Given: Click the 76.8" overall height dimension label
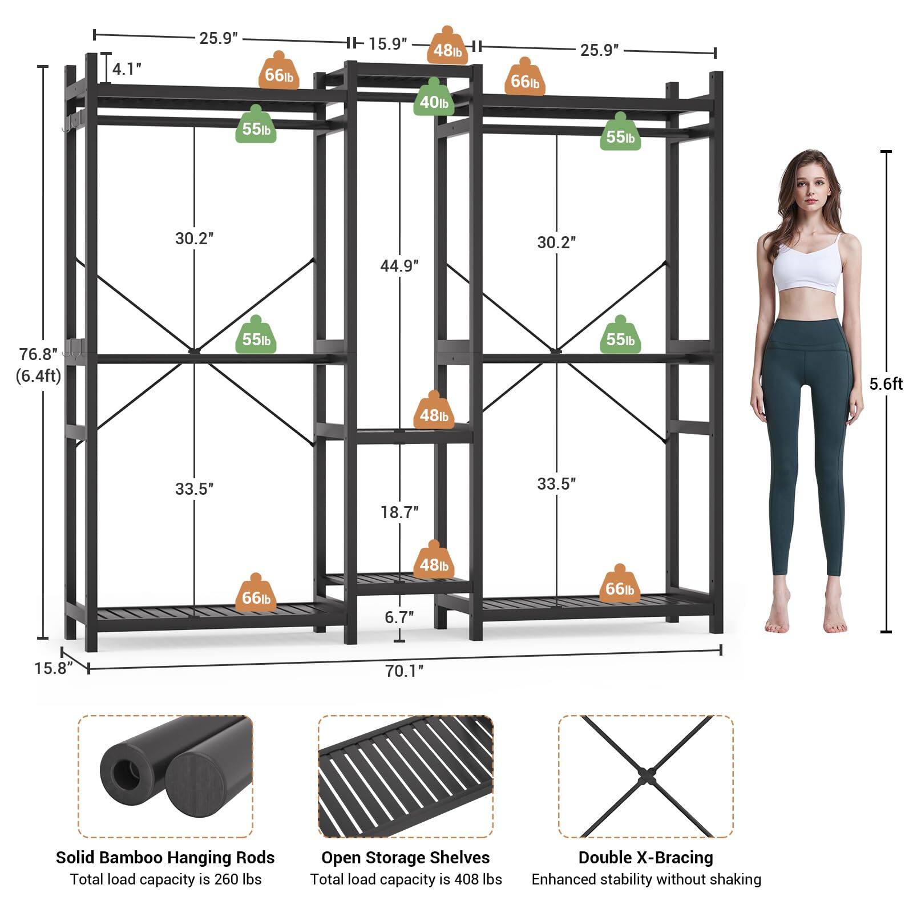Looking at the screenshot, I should coord(38,354).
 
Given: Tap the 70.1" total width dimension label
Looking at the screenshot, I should coord(404,670).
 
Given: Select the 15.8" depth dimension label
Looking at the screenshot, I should coord(53,668).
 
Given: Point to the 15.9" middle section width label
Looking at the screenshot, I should coord(387,44).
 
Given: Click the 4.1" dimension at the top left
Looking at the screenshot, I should coord(126,69).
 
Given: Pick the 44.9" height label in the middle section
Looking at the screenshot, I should coord(399,266).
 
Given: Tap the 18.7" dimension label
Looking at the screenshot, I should coord(399,512).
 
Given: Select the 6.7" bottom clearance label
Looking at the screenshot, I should coord(399,617).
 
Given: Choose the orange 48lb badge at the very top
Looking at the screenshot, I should coord(447,50).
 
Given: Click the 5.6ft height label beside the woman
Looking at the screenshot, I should coord(886,384).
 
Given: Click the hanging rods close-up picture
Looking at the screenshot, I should coord(165,776).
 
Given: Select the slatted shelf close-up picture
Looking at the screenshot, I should coord(406,776).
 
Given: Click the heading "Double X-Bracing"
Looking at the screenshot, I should coord(645,858).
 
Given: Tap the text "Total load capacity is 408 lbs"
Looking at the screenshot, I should coord(406,879).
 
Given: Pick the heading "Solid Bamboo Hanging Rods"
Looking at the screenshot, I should coord(165,858).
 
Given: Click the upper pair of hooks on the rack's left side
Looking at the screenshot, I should coord(72,121).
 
